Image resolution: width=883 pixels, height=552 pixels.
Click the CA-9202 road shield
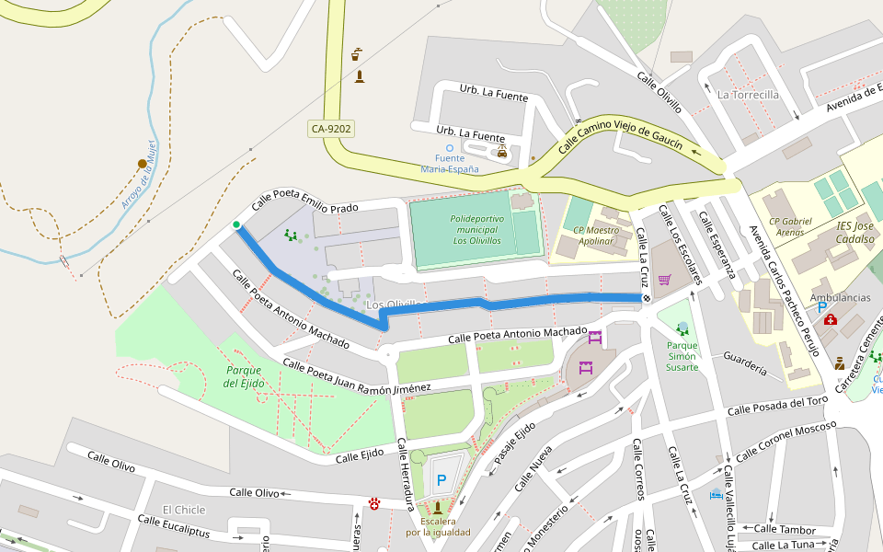331,130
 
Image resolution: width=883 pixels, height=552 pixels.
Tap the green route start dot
236,224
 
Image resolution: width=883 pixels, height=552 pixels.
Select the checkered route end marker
647,298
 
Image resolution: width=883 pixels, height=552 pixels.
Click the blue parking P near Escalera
441,479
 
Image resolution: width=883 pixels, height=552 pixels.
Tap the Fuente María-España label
450,164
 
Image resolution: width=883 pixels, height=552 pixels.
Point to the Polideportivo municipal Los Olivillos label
476,229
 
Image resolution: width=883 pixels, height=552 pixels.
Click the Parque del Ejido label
245,376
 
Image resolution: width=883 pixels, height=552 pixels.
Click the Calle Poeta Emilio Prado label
304,201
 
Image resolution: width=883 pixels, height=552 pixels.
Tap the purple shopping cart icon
664,280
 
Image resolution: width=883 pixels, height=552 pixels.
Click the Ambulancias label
840,298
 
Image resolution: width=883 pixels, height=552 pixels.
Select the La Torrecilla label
748,95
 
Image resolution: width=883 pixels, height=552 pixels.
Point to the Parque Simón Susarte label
682,356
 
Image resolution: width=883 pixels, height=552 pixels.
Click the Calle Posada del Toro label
777,406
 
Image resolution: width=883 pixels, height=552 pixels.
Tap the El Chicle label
184,510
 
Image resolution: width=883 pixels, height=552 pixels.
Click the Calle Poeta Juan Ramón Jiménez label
357,376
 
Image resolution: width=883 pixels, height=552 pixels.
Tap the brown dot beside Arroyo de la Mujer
143,164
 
